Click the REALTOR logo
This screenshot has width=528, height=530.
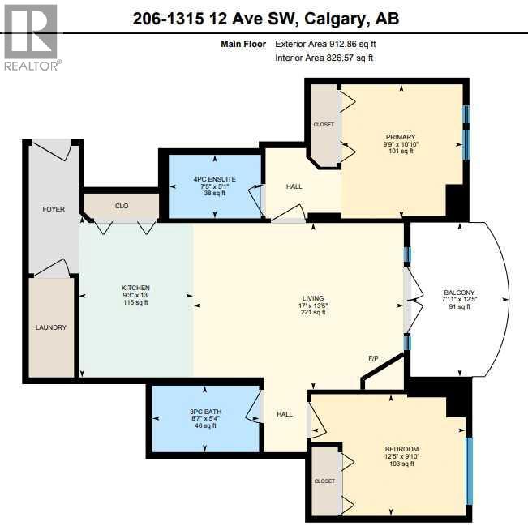click(31, 36)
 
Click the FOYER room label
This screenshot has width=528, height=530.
click(54, 209)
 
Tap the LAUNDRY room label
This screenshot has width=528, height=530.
click(50, 327)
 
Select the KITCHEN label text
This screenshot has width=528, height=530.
click(135, 288)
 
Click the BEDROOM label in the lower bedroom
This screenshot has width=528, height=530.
click(401, 449)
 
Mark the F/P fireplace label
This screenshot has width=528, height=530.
click(373, 357)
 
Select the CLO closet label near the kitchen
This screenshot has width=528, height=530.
click(122, 206)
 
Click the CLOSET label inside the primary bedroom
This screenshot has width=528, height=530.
click(324, 124)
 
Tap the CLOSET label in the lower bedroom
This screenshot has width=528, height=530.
click(324, 481)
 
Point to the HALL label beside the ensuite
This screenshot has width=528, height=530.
click(294, 186)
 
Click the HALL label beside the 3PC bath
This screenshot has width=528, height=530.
click(285, 413)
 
